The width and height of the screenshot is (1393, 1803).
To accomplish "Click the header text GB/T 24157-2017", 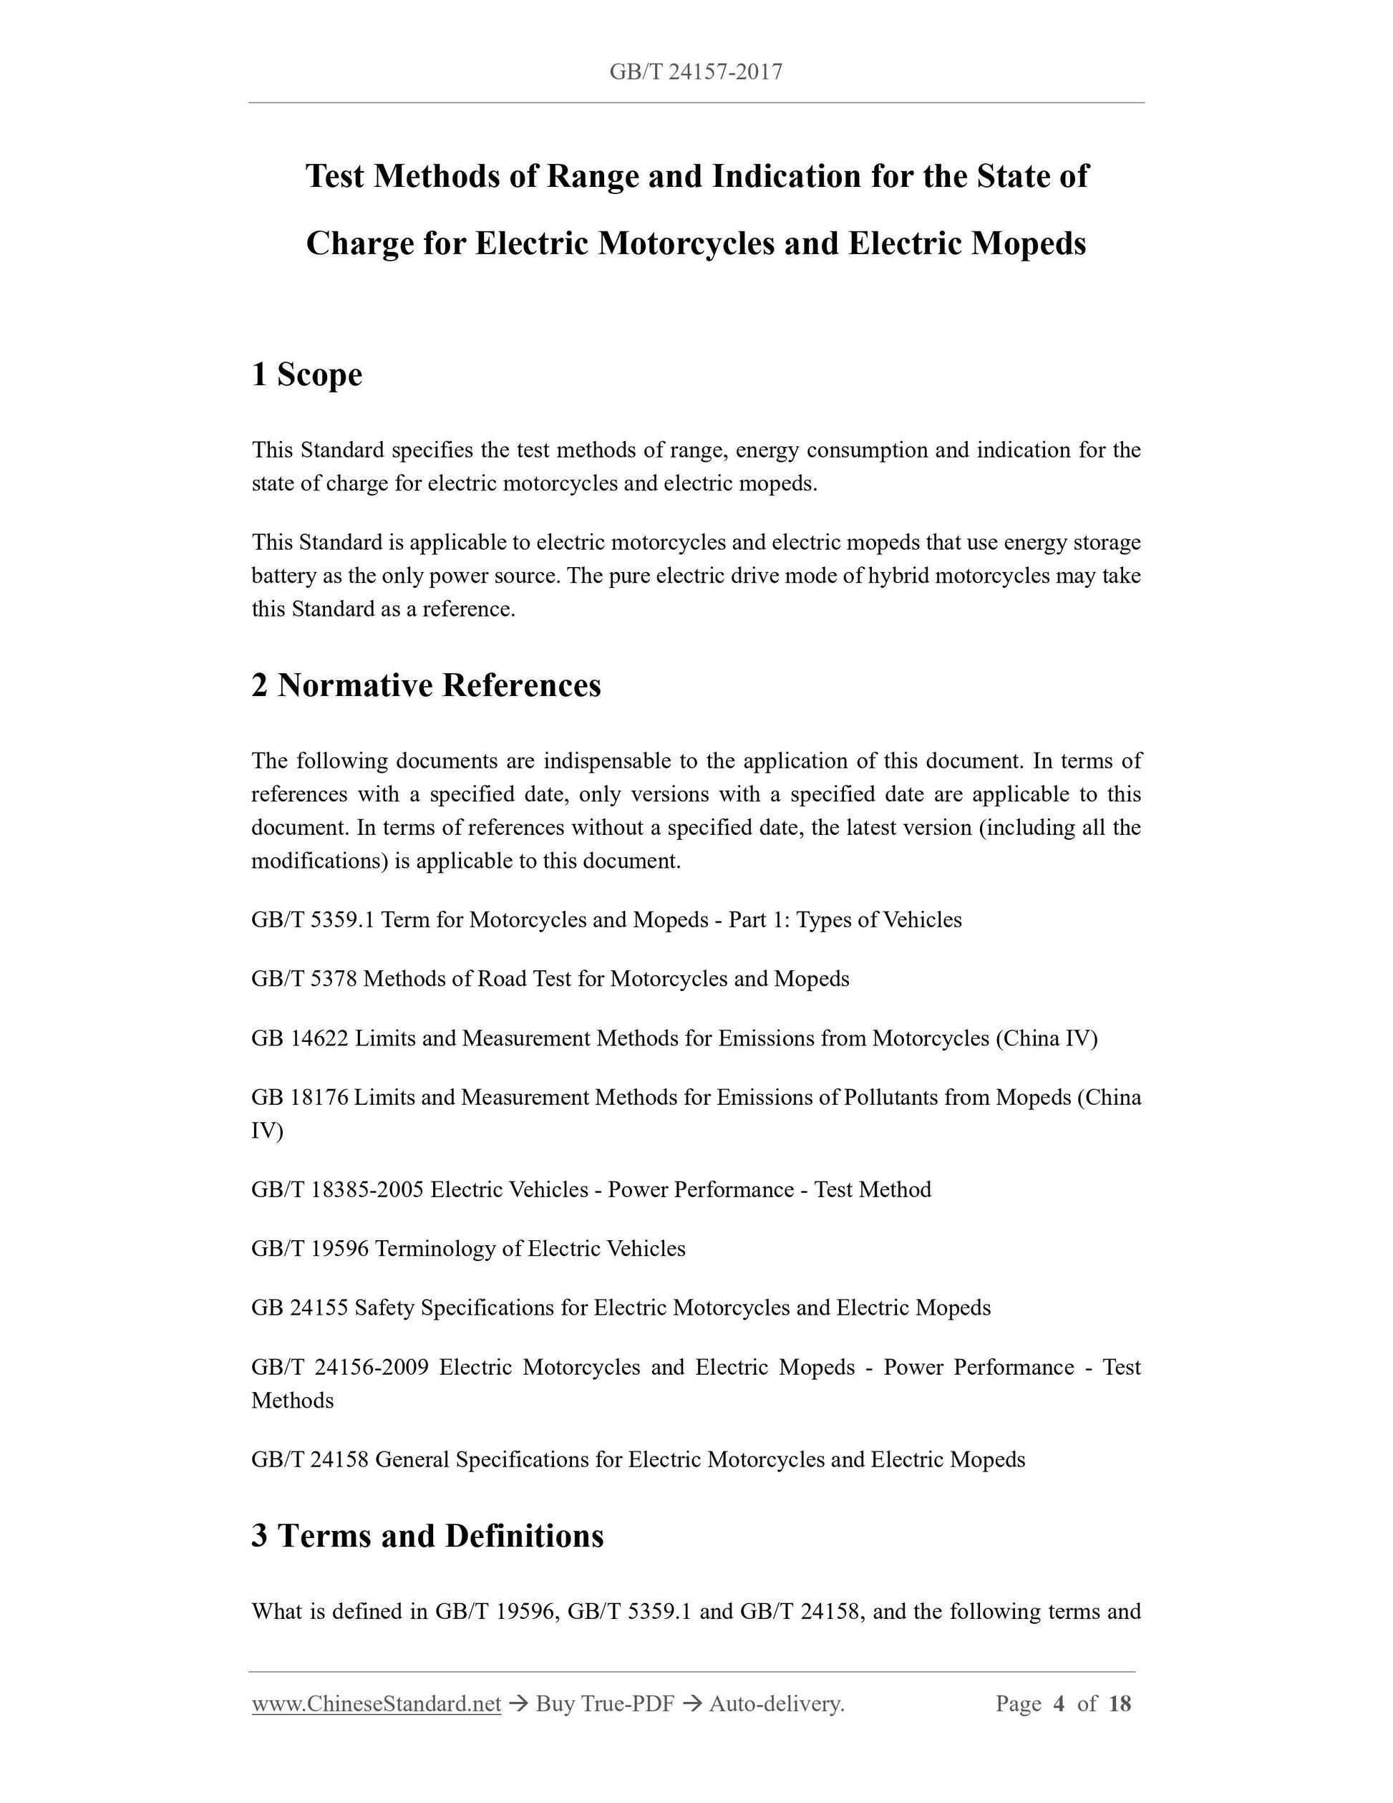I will (696, 72).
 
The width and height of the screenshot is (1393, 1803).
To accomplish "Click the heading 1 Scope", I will (307, 374).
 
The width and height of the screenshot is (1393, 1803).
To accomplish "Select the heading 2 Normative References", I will (426, 685).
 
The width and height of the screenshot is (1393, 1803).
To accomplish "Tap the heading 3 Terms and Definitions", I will (427, 1535).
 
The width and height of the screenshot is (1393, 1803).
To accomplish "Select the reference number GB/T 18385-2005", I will (338, 1189).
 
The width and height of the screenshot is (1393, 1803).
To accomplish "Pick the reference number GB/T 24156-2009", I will (340, 1367).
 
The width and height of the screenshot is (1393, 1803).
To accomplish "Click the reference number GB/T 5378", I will (304, 978).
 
